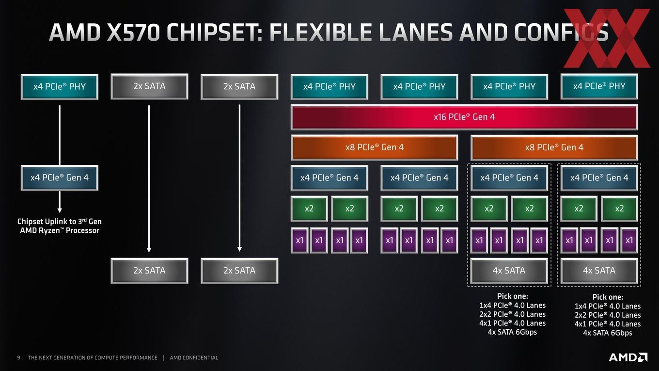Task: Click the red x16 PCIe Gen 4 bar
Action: pos(464,117)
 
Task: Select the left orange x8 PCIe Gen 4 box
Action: pos(375,147)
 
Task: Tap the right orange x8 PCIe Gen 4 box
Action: pos(554,147)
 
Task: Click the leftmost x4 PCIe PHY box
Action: pos(60,86)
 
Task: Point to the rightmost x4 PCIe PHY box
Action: pos(599,86)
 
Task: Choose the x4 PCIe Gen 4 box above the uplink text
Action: pos(60,178)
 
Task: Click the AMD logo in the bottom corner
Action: pos(628,357)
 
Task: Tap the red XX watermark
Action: pos(607,38)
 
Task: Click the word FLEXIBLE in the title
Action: pos(320,32)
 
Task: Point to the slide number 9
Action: pos(18,358)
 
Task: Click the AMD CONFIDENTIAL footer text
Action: pos(194,358)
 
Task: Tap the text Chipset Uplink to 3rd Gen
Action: pos(60,222)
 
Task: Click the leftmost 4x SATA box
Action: pos(509,271)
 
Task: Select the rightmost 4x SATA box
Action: pos(599,271)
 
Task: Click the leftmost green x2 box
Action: pos(309,209)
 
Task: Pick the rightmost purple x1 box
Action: pos(629,240)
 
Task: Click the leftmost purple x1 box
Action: pos(299,240)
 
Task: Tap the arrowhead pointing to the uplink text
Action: pos(60,210)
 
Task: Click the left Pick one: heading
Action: pos(513,296)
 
